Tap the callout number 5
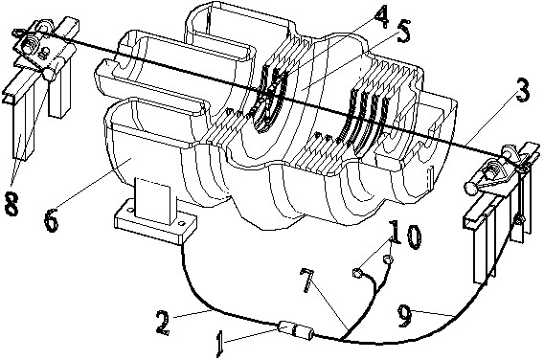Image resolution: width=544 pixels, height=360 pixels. (402, 32)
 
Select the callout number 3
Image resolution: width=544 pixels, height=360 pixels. (523, 90)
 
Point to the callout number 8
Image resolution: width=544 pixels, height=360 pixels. (11, 203)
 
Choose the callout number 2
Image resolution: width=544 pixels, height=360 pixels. (163, 323)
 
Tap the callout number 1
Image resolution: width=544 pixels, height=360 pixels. (219, 344)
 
